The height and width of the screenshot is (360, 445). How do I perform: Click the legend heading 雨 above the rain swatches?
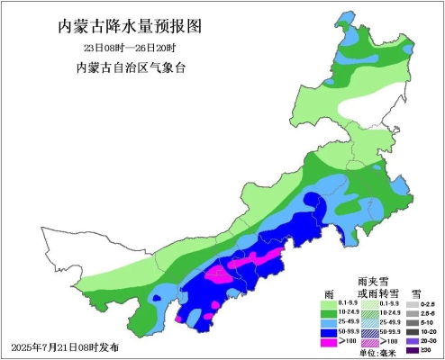[329, 294]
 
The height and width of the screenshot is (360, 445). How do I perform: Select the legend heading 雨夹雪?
[374, 283]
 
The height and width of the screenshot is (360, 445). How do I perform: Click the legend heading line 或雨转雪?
[374, 294]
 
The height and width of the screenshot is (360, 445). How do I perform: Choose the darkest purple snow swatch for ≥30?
[410, 350]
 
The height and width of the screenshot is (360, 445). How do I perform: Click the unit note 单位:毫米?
[379, 352]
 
